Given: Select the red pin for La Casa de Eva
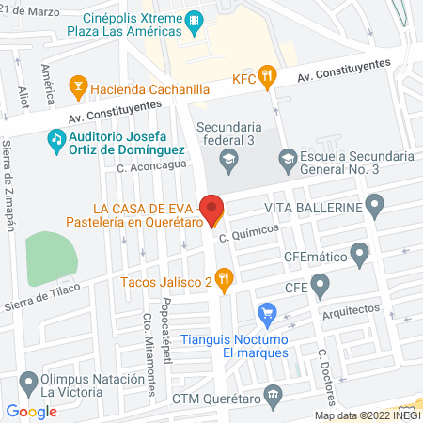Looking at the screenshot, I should [211, 209].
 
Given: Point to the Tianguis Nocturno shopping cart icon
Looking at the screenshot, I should [268, 312].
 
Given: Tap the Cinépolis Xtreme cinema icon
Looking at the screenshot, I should [195, 19].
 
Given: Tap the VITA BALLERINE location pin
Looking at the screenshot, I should [375, 204].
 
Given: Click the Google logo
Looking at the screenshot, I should [32, 411].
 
